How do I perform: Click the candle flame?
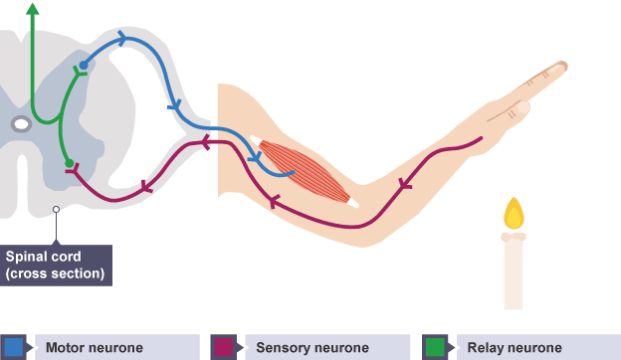(514, 214)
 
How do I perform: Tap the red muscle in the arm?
(305, 171)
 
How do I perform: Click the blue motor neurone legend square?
(14, 347)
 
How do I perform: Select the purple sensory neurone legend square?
(224, 347)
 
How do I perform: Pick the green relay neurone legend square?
(435, 347)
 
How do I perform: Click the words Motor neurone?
(95, 348)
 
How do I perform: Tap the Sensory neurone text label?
(312, 348)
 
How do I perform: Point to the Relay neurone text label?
(515, 348)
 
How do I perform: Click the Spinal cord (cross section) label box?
(56, 266)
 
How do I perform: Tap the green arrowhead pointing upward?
(33, 9)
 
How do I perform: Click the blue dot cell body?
(84, 65)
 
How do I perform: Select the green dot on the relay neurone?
(70, 163)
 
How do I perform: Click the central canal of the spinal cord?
(21, 124)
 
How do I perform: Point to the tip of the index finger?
(565, 66)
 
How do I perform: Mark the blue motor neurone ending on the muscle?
(293, 172)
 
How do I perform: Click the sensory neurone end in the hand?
(481, 138)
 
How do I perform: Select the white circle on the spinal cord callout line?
(57, 209)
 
